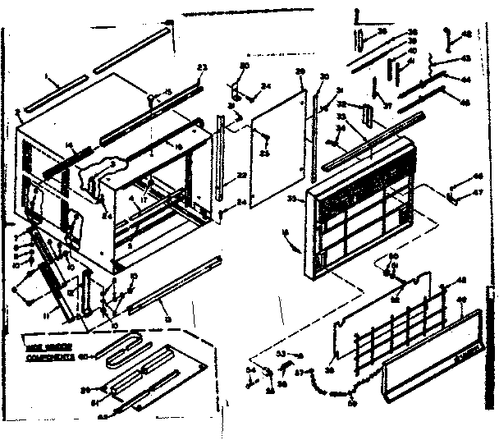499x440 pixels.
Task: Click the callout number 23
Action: click(x=201, y=66)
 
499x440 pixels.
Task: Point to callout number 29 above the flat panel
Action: click(x=300, y=71)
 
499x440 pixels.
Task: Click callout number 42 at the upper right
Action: click(x=467, y=33)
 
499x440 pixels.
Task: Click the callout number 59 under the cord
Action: click(x=352, y=402)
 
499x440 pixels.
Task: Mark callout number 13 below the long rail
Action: click(x=167, y=317)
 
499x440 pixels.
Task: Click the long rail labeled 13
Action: click(x=172, y=283)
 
